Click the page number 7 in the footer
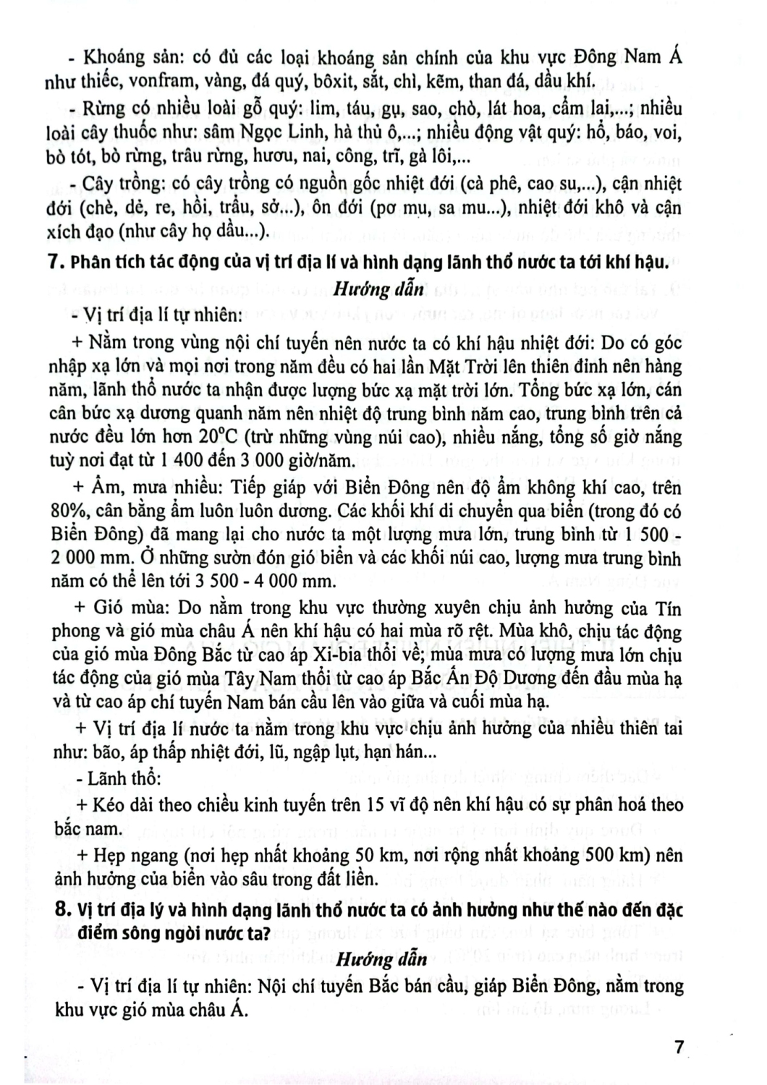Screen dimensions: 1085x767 [678, 1047]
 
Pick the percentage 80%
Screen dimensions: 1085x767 [70, 512]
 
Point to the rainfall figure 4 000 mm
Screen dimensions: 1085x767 [294, 581]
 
